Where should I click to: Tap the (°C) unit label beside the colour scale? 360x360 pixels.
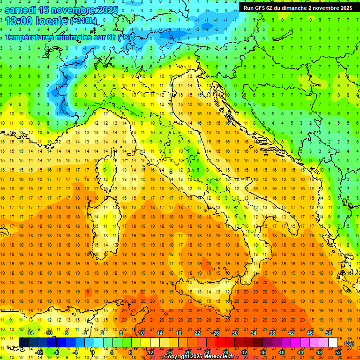[x=349, y=343]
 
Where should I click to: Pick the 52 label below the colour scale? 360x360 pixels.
[x=338, y=352]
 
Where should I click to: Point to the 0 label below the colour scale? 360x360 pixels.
[x=92, y=352]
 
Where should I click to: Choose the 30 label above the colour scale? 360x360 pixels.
[x=234, y=333]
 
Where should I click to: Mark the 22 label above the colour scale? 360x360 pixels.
[x=197, y=333]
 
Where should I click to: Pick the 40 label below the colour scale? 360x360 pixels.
[x=282, y=352]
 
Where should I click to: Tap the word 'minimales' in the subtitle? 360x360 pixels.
[x=74, y=37]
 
